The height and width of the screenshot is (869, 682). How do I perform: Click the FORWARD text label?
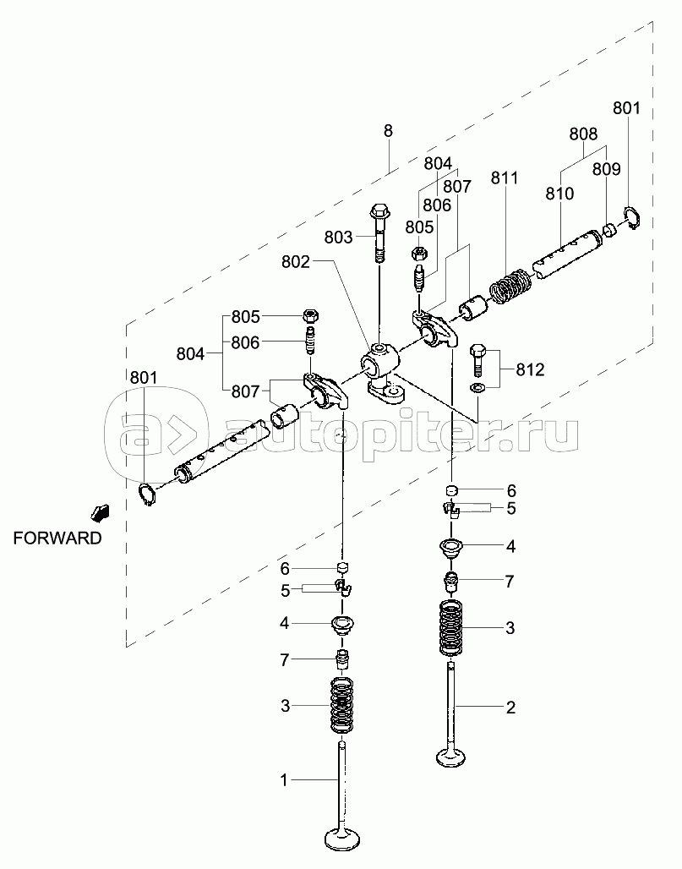57,537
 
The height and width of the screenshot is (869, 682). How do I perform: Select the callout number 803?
338,238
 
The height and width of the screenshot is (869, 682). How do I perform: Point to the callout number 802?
295,263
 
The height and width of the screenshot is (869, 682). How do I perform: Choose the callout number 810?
559,194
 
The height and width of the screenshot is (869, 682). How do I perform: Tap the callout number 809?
606,169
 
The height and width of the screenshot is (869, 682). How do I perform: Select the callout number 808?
582,134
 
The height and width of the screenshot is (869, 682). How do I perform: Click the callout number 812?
530,369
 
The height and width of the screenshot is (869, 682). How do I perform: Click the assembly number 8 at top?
388,131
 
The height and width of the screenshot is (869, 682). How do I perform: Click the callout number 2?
510,708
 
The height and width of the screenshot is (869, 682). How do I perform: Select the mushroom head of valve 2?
455,755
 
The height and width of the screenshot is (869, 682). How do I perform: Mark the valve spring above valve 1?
341,705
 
